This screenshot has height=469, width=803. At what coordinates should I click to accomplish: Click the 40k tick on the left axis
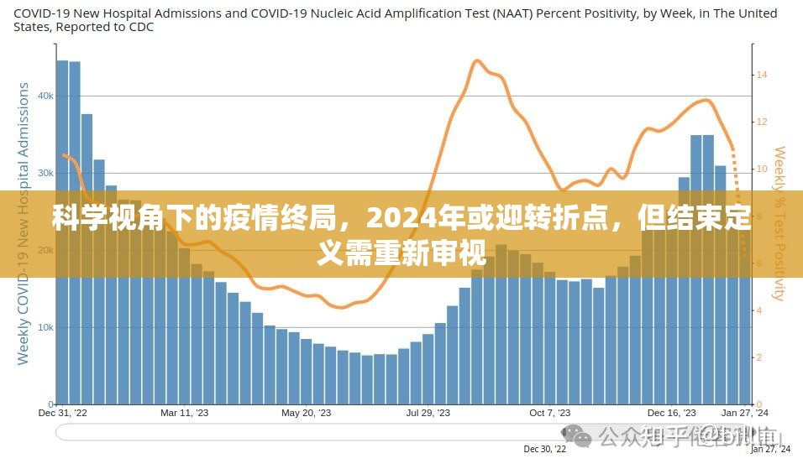coord(43,96)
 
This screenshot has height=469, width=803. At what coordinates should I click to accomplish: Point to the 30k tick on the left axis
coord(43,174)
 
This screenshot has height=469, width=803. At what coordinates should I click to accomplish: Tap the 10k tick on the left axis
coord(43,327)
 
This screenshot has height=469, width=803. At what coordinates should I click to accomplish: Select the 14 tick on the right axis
coord(763,75)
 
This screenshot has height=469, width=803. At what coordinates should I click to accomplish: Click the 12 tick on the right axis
coord(763,122)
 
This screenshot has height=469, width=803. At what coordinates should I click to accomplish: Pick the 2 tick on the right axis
coord(759,357)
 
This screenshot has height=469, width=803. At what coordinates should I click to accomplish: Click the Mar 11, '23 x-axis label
coord(183,413)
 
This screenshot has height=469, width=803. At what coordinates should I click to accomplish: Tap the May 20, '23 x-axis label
coord(306,413)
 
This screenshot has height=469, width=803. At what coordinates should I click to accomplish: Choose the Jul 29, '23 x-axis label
coord(428,413)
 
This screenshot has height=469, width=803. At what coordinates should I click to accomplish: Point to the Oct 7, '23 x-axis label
coord(550,413)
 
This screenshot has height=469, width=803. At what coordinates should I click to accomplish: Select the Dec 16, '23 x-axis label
coord(672,413)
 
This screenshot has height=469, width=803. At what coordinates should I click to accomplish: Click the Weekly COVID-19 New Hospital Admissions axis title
coord(24,223)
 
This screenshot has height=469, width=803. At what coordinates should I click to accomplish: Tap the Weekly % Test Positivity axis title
coord(780,223)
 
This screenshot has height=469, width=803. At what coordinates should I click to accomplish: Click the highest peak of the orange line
coord(476,60)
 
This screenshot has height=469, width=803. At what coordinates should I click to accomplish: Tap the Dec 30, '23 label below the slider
coord(541,450)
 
